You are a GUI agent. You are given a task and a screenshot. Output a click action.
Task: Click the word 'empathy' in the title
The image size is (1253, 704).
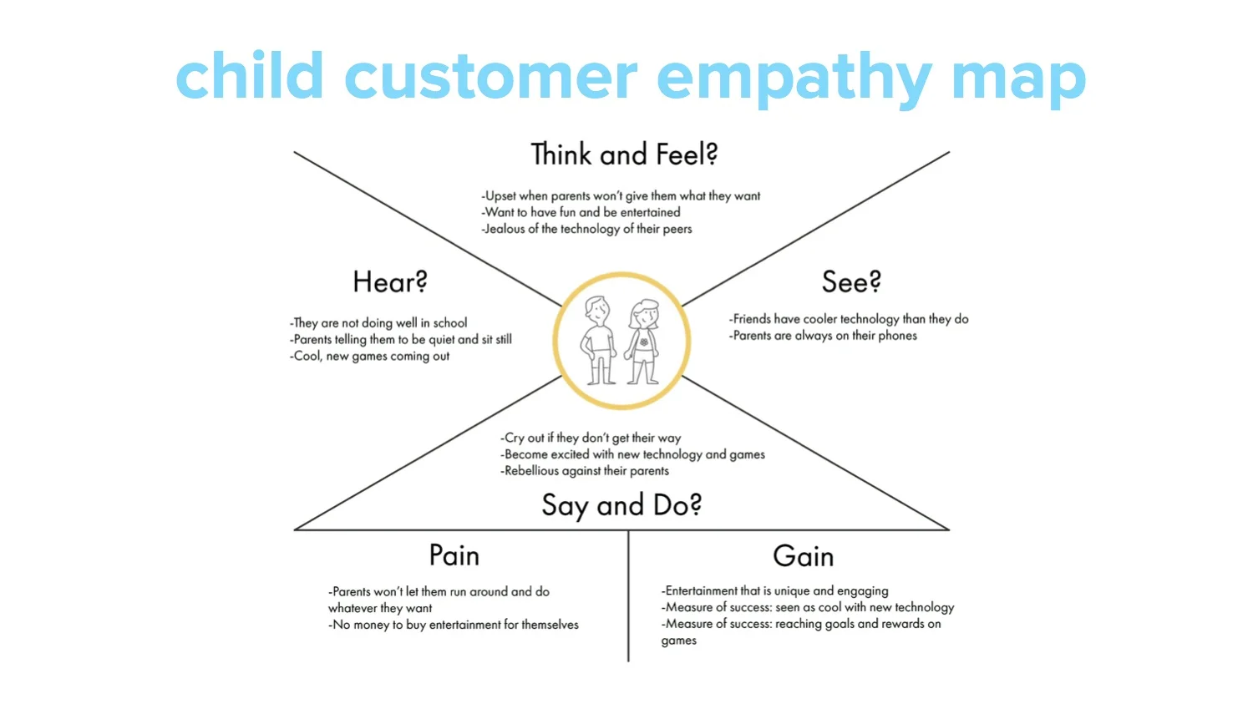pos(794,77)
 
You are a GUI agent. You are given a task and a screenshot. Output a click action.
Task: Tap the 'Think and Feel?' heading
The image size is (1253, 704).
pos(624,155)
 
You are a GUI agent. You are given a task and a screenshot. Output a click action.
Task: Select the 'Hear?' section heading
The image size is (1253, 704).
pos(389,282)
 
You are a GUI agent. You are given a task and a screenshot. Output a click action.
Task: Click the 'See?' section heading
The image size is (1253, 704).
pos(851,282)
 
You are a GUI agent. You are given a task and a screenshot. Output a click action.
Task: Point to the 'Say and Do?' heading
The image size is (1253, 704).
pos(621,505)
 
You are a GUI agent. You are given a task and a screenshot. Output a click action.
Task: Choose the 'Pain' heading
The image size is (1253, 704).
pos(454,556)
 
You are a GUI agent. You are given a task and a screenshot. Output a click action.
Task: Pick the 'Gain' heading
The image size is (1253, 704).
pos(803,556)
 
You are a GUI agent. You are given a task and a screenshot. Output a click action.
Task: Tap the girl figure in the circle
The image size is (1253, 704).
pos(644,342)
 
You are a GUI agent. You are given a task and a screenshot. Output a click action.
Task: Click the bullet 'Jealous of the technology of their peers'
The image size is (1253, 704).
pos(587,229)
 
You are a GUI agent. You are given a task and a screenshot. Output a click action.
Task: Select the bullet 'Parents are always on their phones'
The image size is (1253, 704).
pos(824,336)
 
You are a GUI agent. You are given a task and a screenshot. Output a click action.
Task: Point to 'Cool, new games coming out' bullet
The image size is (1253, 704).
pos(371,357)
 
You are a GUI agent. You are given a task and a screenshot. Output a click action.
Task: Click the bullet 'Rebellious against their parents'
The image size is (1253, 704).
pos(586,471)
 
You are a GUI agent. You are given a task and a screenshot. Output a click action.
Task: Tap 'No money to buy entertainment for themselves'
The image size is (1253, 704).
pos(454,625)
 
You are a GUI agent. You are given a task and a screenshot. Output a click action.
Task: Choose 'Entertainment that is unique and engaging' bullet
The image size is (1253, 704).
pos(775,591)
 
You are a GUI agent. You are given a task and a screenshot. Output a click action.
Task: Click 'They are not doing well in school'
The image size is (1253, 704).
pos(379,323)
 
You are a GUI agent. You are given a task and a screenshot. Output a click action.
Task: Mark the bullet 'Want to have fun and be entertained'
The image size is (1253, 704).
pos(581,212)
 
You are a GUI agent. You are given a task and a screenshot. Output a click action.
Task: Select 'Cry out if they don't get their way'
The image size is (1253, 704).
pos(591,438)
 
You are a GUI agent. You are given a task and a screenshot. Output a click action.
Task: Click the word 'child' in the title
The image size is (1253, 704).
pos(249,77)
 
